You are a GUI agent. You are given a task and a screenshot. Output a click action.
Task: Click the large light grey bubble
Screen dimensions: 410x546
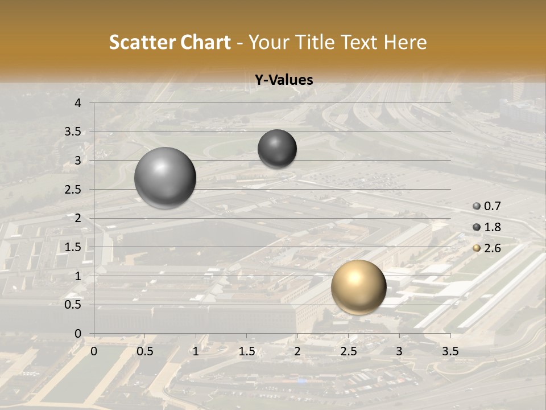coord(165,178)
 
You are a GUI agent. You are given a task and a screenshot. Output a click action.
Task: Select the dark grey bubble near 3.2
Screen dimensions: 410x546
coord(277,149)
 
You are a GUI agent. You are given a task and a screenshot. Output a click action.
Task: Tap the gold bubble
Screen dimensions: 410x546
coord(358,287)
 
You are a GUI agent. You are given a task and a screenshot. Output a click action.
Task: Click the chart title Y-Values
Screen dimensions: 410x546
coord(284,80)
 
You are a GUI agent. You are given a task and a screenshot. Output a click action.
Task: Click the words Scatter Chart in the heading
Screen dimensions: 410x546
coord(170,42)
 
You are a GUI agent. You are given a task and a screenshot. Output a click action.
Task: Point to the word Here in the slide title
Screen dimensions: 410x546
coord(405,42)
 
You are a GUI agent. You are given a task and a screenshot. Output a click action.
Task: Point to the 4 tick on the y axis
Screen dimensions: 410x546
coord(78,103)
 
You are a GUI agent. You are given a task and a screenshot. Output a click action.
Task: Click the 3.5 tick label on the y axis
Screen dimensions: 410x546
coord(73,132)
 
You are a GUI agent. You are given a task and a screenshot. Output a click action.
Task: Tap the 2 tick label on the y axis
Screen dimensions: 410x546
coord(78,218)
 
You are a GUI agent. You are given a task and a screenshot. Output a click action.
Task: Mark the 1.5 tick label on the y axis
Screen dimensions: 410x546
coord(73,247)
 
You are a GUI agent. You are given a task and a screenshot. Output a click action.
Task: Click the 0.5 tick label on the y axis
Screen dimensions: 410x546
coord(73,305)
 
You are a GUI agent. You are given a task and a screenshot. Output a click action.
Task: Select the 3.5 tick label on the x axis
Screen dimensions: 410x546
coord(450,351)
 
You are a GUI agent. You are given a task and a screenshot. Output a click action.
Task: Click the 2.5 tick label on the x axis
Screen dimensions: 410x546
coord(348,351)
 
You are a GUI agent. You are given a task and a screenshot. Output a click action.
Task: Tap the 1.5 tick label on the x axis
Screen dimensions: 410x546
coord(246,351)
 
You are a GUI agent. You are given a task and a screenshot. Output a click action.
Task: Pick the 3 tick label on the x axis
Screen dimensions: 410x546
coord(399,351)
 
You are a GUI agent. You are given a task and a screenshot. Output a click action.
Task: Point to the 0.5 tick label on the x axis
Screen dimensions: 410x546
coord(144,351)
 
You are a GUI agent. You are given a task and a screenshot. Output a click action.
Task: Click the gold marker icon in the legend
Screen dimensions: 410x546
coord(477,248)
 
